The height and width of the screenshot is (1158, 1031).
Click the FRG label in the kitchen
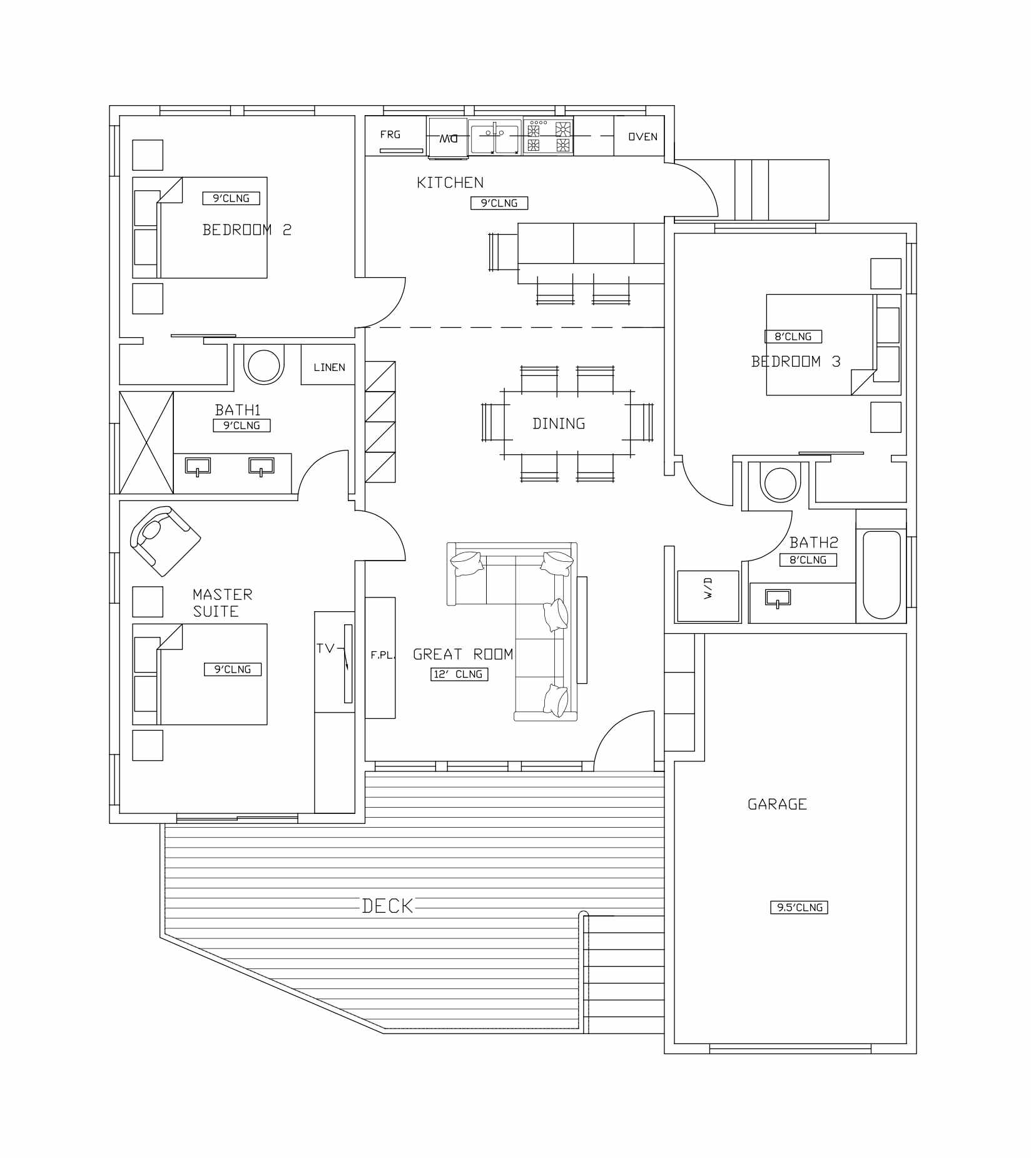(390, 135)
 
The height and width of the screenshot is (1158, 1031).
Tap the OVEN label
(642, 136)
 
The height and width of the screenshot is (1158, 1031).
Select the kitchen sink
(495, 136)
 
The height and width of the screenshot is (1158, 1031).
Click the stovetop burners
(549, 137)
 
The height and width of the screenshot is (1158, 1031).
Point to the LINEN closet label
(329, 367)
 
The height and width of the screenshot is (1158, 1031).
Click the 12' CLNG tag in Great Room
(459, 674)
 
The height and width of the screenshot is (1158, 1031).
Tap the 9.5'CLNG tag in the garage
(799, 907)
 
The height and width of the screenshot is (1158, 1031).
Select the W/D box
(708, 596)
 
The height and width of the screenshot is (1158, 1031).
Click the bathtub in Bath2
(881, 574)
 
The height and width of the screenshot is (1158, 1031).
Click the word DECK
(388, 906)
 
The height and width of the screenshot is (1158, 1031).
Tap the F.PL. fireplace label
(382, 655)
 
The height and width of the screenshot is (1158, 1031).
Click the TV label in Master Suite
(325, 648)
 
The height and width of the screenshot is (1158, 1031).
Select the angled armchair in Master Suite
(164, 539)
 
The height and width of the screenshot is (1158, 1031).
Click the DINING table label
(559, 424)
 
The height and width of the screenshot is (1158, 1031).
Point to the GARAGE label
(777, 804)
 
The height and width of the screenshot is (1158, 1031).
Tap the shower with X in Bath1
(146, 442)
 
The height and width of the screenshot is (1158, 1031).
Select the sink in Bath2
(778, 598)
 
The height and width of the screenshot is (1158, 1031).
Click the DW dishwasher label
(448, 138)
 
